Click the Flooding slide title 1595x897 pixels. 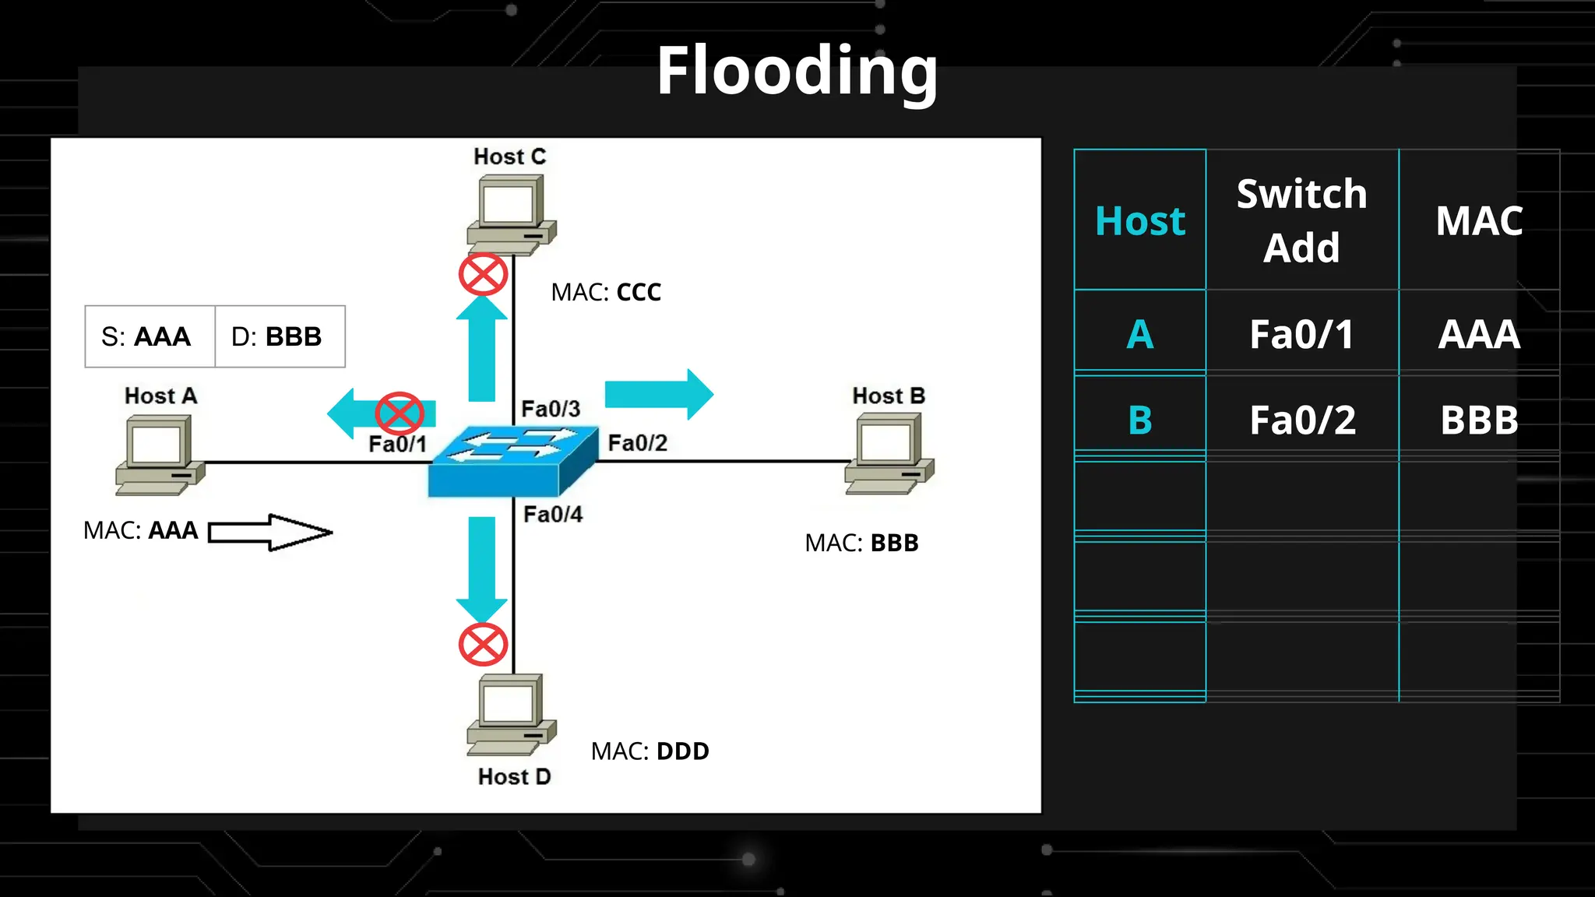click(797, 72)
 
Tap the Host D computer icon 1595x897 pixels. click(511, 713)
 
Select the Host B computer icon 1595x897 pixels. click(889, 452)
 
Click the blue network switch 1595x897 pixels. click(512, 461)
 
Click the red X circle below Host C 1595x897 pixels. click(483, 274)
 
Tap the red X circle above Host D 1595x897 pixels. click(483, 645)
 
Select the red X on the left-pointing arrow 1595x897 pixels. click(400, 413)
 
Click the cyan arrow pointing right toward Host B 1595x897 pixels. click(658, 394)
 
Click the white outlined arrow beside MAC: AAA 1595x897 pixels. click(269, 533)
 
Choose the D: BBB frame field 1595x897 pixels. click(279, 336)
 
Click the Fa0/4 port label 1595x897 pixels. click(552, 515)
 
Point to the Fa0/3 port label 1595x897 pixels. click(550, 409)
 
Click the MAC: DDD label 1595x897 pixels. click(650, 751)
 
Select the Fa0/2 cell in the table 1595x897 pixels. click(1302, 420)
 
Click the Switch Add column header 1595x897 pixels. click(1301, 220)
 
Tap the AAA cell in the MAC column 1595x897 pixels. click(1478, 335)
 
